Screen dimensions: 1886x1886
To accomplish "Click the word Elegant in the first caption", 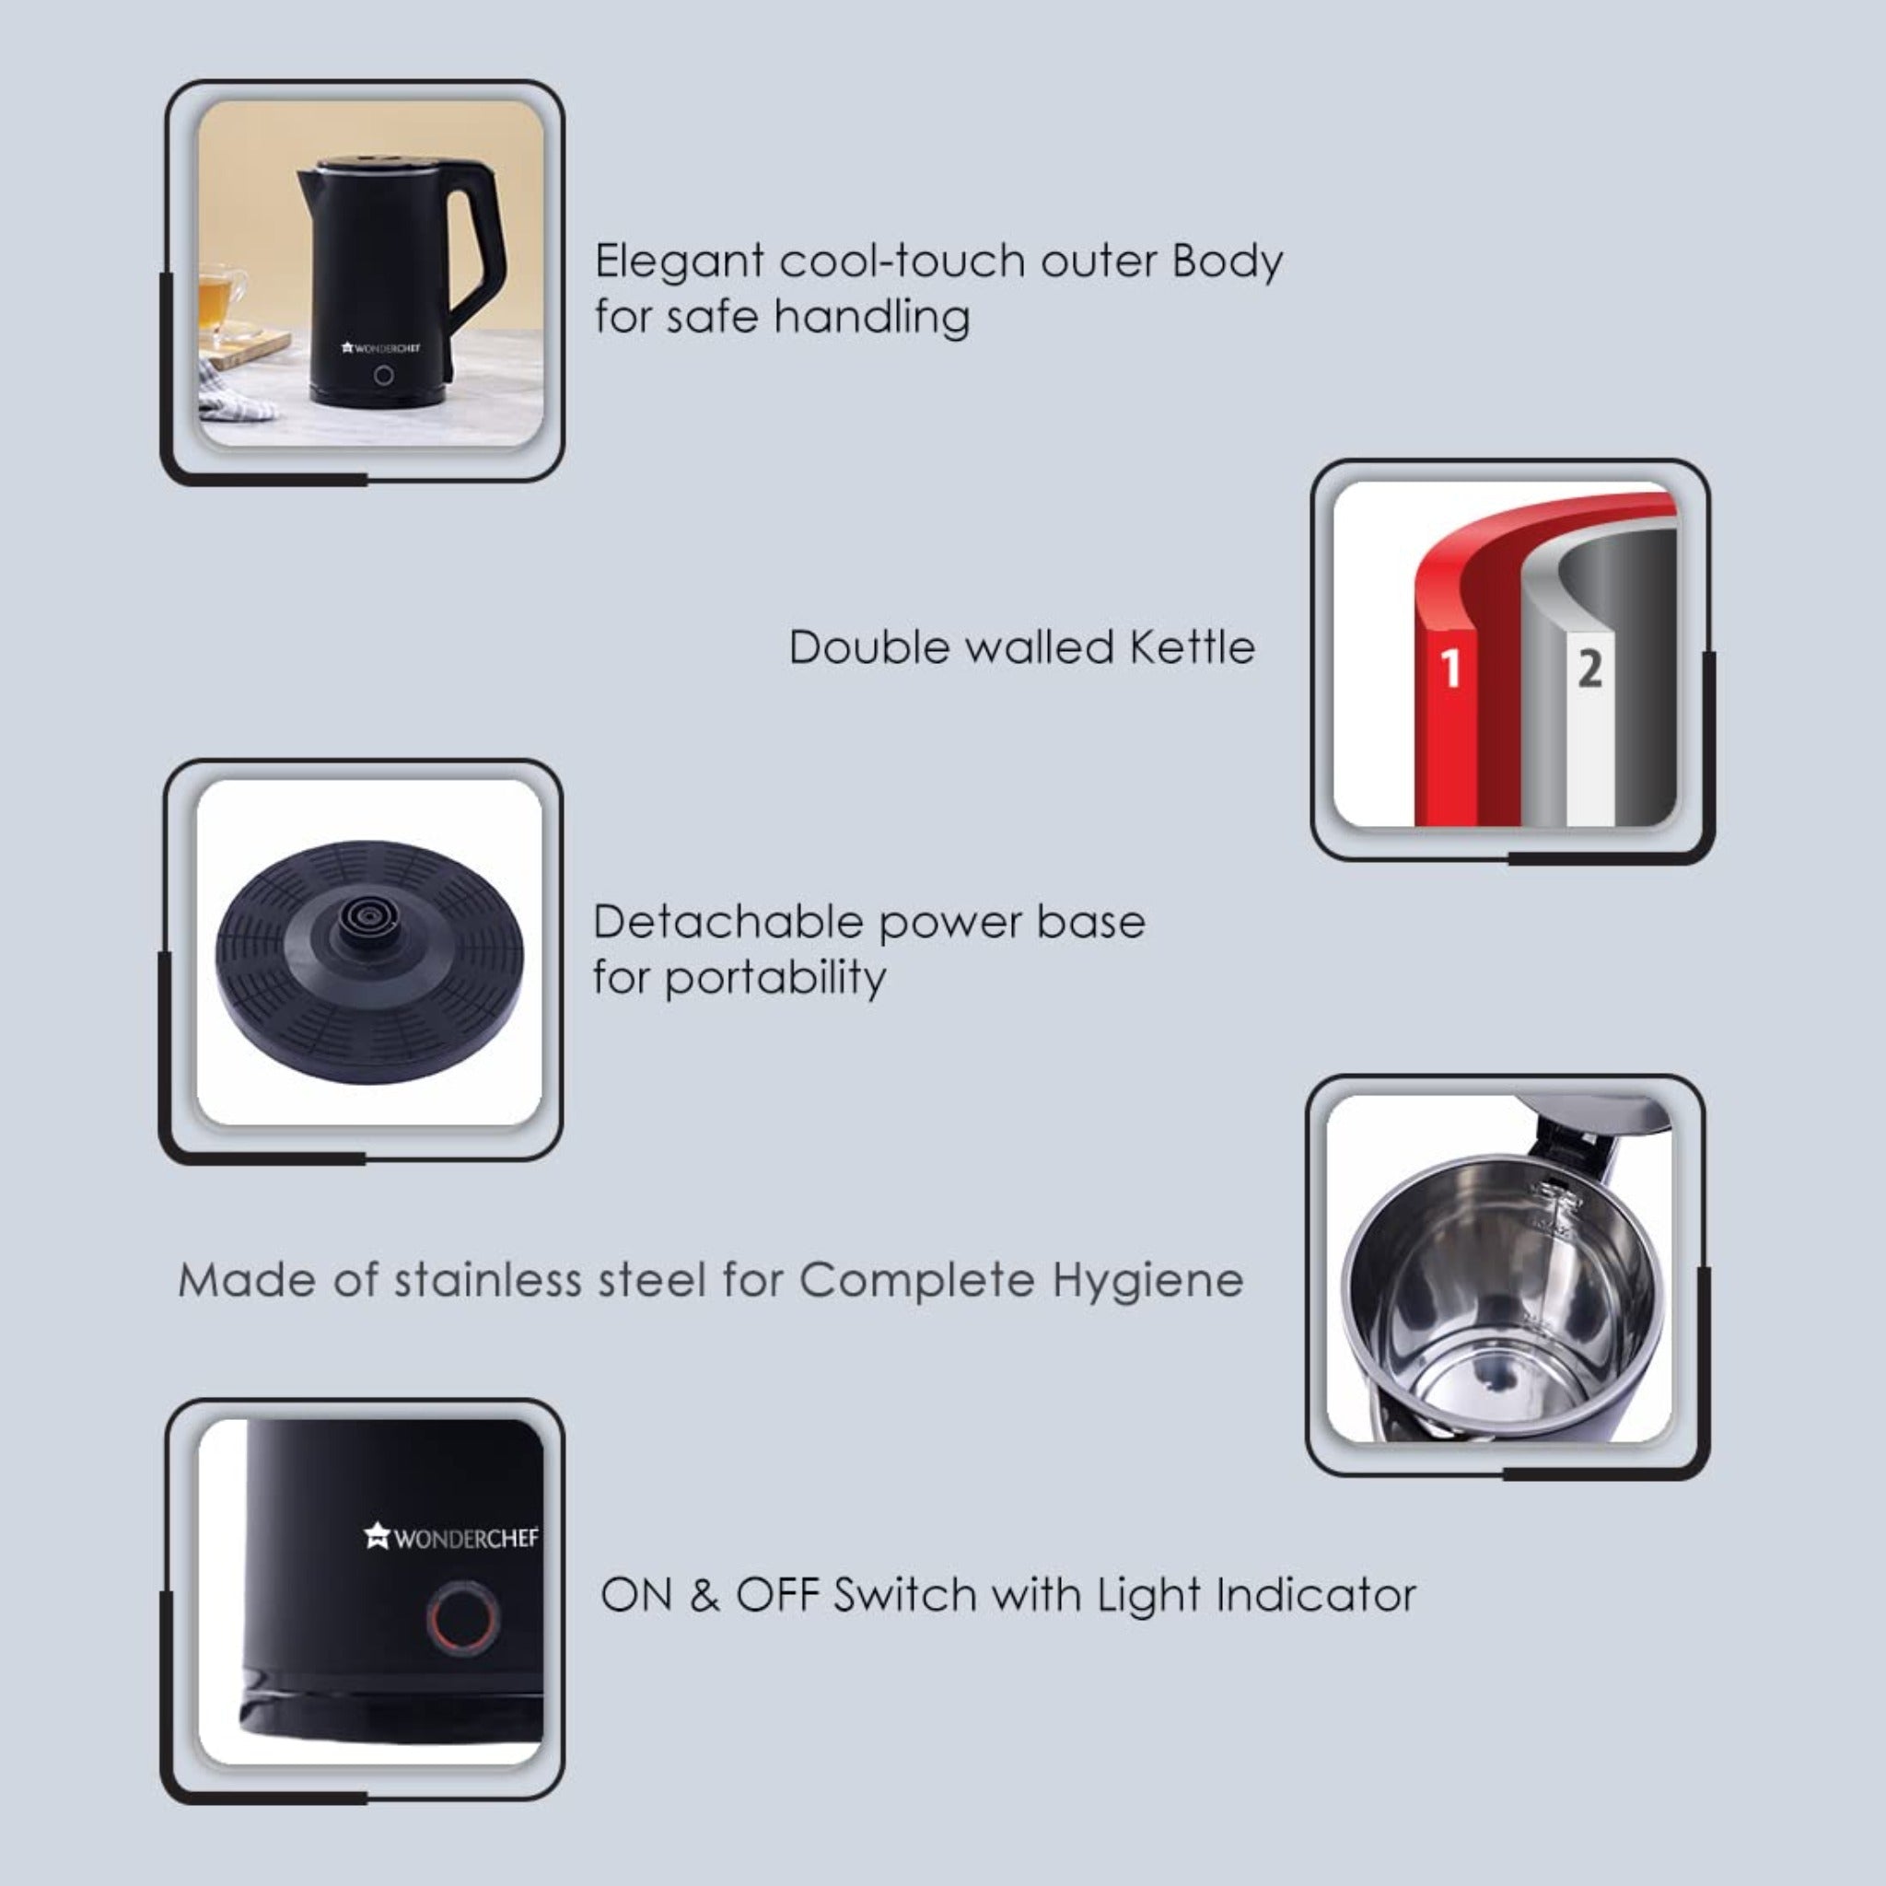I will point(680,262).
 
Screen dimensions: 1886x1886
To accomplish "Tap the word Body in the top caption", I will point(1227,262).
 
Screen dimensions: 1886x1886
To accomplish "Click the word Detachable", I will point(728,922).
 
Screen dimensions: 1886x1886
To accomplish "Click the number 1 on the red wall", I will point(1450,669).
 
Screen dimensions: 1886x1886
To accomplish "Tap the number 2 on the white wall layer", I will point(1590,669).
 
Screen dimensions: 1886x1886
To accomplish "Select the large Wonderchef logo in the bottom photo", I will point(451,1538).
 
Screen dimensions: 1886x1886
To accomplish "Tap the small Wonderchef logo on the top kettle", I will point(380,347).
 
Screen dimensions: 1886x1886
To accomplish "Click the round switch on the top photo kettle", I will point(384,375).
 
